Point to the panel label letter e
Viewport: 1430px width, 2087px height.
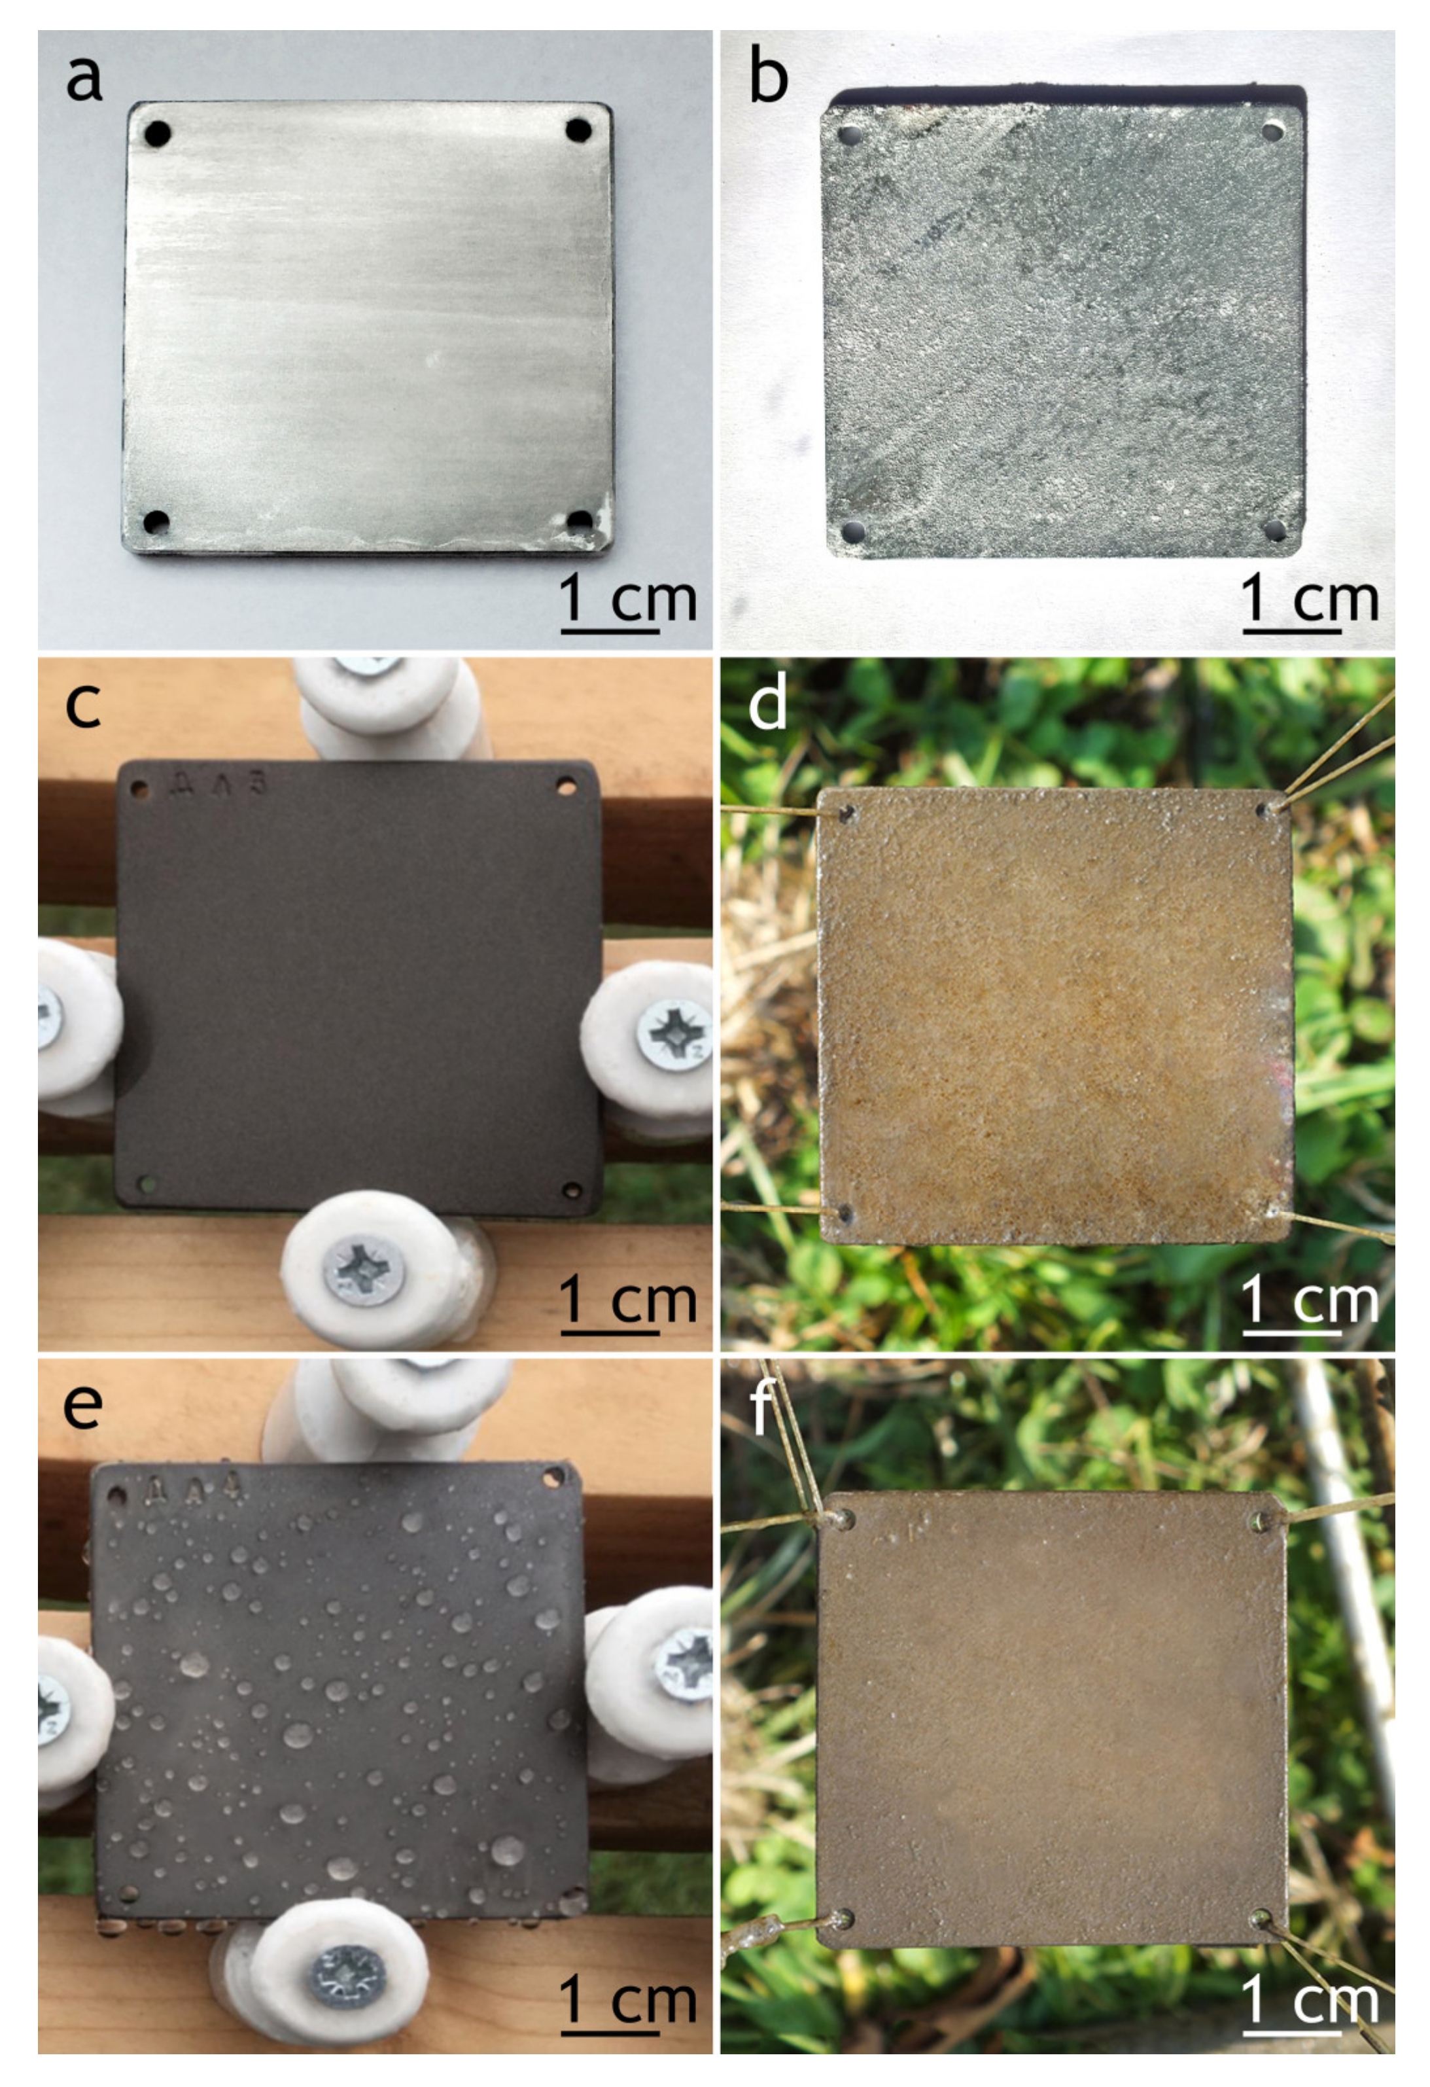coord(82,1406)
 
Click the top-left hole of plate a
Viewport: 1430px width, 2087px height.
coord(158,135)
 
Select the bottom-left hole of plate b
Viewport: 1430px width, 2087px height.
coord(852,531)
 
